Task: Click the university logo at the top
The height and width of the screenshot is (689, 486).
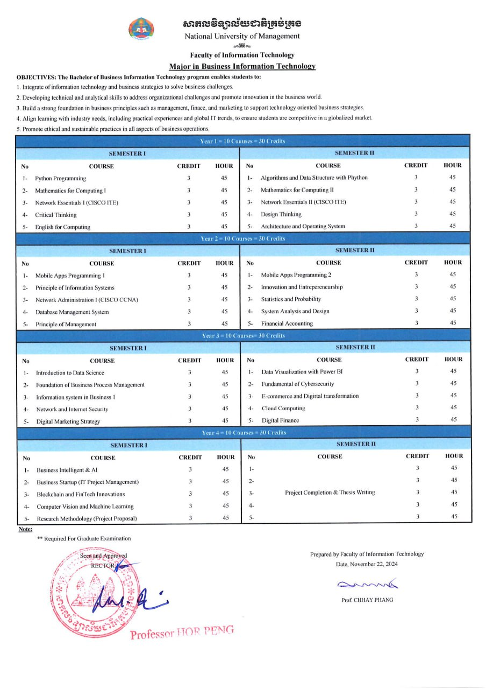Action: (x=141, y=28)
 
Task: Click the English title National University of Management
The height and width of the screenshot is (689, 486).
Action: (x=242, y=36)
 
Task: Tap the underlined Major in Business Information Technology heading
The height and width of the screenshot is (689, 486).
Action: (x=242, y=66)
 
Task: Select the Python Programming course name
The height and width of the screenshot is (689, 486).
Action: (x=60, y=178)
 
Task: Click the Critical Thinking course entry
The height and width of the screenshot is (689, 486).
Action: (x=56, y=215)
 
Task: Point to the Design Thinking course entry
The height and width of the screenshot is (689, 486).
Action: (x=281, y=214)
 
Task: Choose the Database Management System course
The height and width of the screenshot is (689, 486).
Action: (x=72, y=312)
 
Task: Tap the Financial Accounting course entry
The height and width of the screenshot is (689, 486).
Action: (x=287, y=324)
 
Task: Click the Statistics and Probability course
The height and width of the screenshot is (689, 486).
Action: (x=291, y=299)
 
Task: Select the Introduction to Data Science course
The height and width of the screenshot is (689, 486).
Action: (x=70, y=372)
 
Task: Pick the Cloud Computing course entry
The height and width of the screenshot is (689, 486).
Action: (x=283, y=409)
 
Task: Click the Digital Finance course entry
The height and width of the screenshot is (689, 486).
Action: (x=280, y=420)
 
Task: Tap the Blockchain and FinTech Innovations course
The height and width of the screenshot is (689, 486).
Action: (x=81, y=494)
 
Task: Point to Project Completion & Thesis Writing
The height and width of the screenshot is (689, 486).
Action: (x=330, y=493)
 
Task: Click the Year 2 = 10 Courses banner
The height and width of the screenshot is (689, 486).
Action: (x=243, y=238)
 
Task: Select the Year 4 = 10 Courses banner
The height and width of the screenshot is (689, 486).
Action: (x=244, y=433)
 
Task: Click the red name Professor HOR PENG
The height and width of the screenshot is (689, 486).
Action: (x=182, y=632)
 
